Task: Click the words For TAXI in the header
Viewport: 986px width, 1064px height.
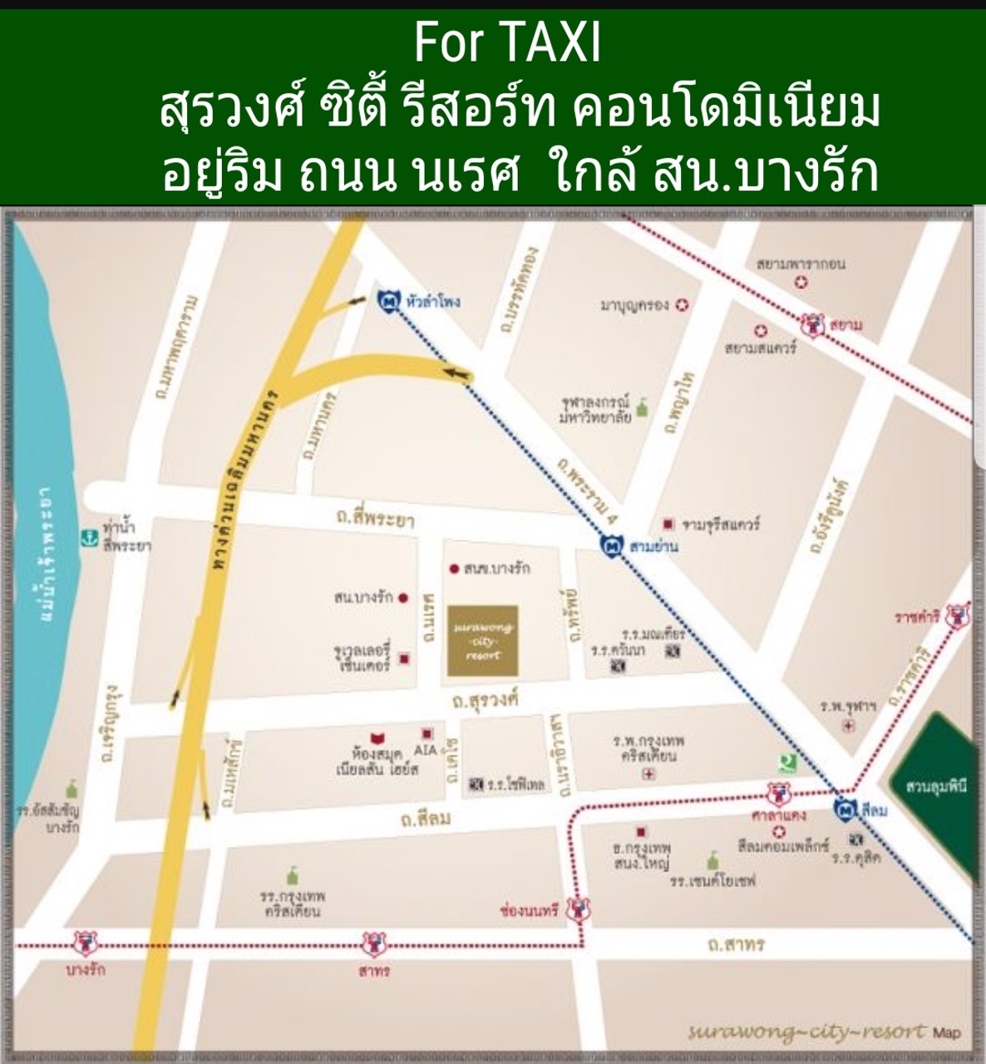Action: click(x=507, y=43)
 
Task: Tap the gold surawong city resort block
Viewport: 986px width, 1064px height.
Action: click(x=483, y=641)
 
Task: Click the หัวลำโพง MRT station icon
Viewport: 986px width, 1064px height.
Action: click(x=388, y=302)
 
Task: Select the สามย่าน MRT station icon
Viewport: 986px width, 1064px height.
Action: click(x=612, y=546)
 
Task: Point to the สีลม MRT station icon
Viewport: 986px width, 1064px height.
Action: click(x=845, y=809)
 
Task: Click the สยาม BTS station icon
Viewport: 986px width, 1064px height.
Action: click(x=812, y=324)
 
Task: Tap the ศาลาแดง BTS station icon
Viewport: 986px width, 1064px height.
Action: click(x=778, y=795)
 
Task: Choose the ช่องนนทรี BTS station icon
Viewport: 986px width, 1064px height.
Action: click(x=578, y=909)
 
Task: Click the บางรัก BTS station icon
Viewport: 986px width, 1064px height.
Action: click(x=86, y=943)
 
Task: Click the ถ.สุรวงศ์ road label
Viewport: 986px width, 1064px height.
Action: click(x=486, y=701)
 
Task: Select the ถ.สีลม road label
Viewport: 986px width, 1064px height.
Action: click(x=426, y=819)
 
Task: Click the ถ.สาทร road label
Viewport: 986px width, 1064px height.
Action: click(x=735, y=944)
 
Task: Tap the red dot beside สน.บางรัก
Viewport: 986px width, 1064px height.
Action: click(x=403, y=597)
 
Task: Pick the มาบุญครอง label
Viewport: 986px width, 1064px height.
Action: click(x=634, y=305)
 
